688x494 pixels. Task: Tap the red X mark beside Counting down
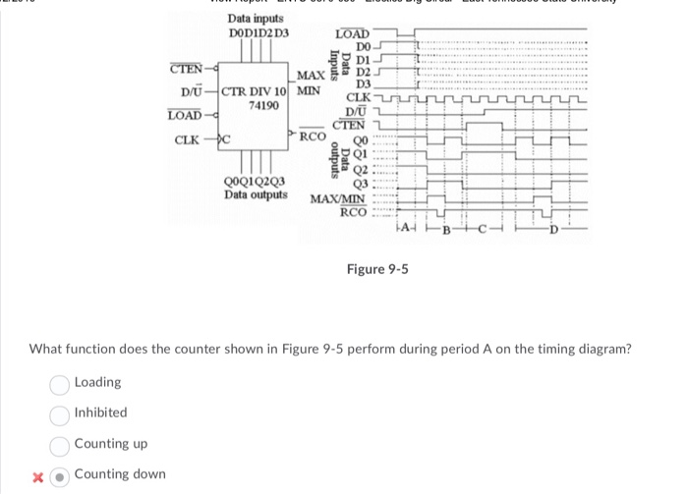(x=38, y=475)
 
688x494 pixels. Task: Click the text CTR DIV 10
(x=255, y=93)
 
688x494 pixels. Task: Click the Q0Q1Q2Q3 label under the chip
(x=256, y=181)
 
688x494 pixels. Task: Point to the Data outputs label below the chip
(x=256, y=193)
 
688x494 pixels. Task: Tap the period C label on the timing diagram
(x=484, y=232)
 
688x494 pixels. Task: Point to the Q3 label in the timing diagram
(x=359, y=184)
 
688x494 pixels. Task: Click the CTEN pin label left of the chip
(x=185, y=69)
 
